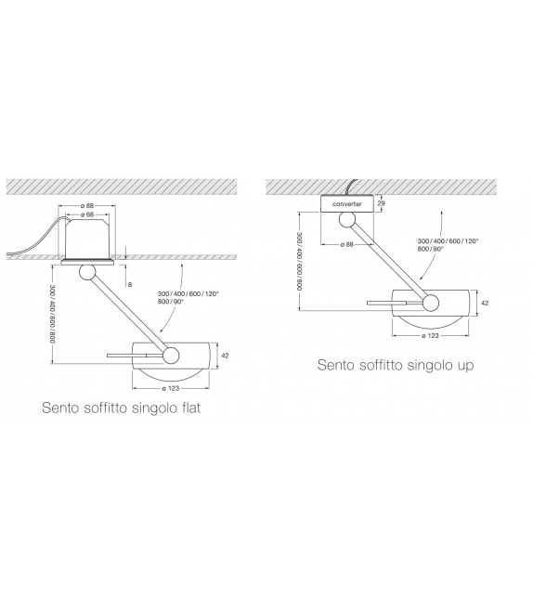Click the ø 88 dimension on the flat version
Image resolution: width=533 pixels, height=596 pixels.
(x=89, y=206)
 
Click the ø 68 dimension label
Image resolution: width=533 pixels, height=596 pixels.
(x=89, y=215)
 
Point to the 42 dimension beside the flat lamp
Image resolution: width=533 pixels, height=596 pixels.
(x=225, y=356)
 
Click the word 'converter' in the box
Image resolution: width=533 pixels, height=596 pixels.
(x=349, y=202)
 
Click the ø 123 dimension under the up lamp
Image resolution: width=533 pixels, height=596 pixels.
(x=428, y=333)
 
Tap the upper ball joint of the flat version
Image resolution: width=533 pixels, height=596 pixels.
(x=88, y=272)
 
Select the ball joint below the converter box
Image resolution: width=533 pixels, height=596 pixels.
(x=348, y=219)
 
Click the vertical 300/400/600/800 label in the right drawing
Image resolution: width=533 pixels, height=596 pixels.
(x=299, y=259)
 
